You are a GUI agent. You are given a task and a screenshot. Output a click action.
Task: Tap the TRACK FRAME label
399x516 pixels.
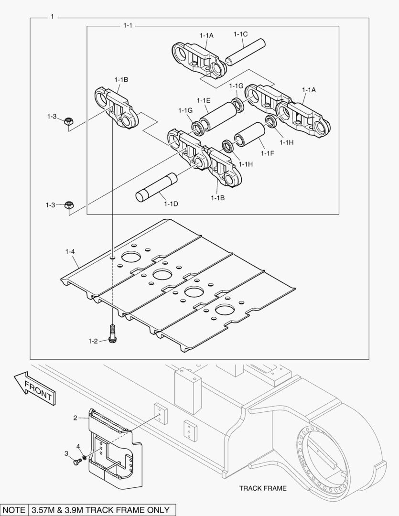pos(263,488)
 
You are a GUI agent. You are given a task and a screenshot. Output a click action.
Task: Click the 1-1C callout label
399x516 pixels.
pos(240,34)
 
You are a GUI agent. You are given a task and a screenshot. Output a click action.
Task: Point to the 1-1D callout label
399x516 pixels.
pos(171,204)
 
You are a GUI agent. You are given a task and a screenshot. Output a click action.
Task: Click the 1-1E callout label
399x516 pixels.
pos(204,100)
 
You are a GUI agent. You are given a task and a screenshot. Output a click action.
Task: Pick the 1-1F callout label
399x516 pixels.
pos(268,153)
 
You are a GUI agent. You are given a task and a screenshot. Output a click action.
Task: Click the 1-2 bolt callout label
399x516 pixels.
pos(93,341)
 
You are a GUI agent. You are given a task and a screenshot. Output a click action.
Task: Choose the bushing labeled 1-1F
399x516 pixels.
pos(249,136)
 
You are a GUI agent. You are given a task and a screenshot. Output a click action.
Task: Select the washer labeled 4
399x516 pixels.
pos(84,458)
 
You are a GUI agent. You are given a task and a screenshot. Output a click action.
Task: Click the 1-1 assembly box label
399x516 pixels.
pos(128,25)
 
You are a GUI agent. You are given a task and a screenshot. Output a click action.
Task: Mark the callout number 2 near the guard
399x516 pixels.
pos(75,418)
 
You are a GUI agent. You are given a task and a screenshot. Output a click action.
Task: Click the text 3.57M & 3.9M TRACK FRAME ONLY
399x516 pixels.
pos(102,510)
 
